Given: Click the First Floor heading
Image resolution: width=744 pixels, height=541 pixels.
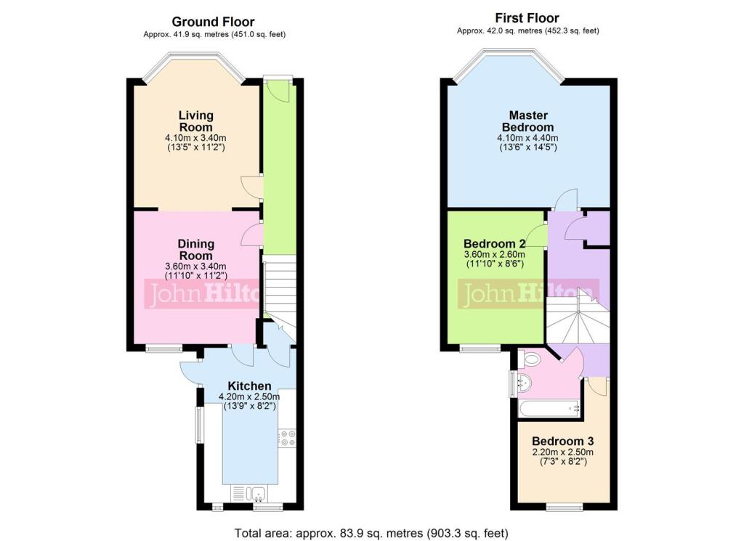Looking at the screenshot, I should tap(527, 18).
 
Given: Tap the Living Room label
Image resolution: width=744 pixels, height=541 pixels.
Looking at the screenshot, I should tap(196, 121).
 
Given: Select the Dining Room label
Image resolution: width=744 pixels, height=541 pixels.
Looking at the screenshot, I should tap(196, 250).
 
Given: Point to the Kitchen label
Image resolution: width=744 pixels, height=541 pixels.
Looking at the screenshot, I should tap(249, 386).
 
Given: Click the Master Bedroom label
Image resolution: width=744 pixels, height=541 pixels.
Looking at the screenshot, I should tap(527, 121).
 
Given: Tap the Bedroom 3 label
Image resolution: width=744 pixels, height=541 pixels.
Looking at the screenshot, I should tap(562, 442).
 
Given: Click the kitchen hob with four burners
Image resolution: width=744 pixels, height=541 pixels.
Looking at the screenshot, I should tap(286, 438).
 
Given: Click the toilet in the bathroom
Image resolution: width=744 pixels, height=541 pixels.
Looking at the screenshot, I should tap(530, 358).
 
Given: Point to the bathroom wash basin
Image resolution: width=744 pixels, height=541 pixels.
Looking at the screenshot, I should tap(523, 382).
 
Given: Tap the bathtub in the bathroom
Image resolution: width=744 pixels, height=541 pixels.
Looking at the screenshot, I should tap(550, 410).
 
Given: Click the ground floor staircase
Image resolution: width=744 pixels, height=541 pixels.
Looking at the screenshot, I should tap(280, 290).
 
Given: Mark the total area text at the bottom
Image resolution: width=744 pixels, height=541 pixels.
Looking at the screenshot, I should tap(371, 533).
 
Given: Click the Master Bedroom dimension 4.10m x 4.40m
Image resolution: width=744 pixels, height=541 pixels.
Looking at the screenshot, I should tap(527, 138).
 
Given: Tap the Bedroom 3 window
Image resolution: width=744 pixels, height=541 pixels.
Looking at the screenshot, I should tap(562, 506).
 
